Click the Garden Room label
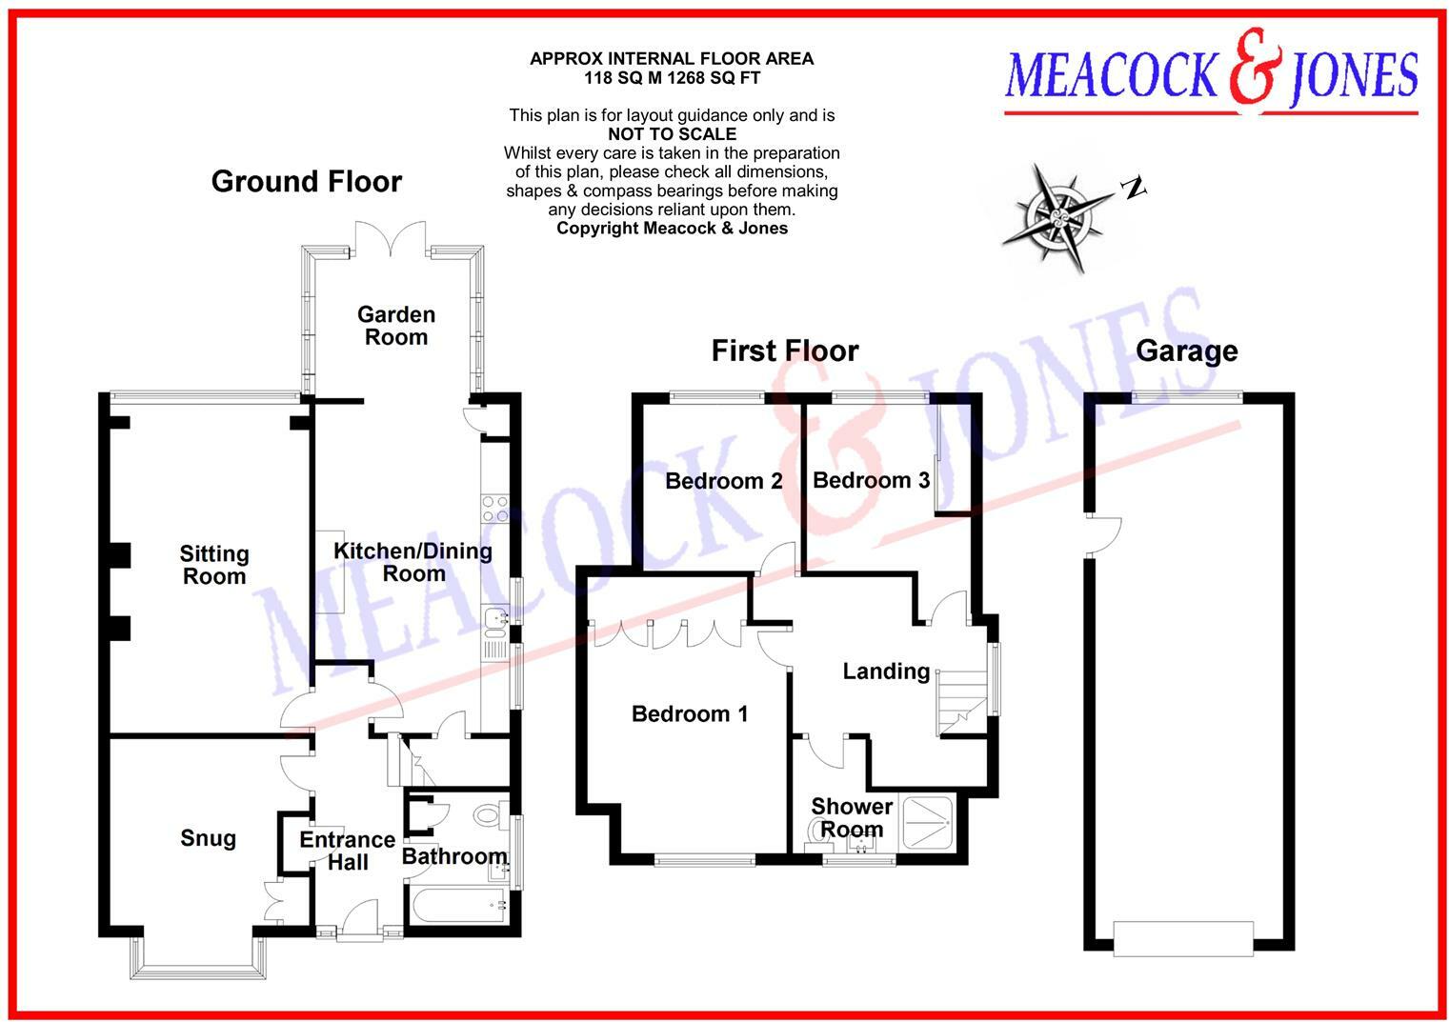pyautogui.click(x=396, y=326)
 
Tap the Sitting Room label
pyautogui.click(x=214, y=565)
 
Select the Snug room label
pyautogui.click(x=208, y=838)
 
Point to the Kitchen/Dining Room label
pyautogui.click(x=413, y=562)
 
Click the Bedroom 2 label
pyautogui.click(x=723, y=481)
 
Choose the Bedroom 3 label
pyautogui.click(x=871, y=480)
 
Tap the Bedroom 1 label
pyautogui.click(x=690, y=713)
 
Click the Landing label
pyautogui.click(x=886, y=671)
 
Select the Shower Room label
pyautogui.click(x=852, y=817)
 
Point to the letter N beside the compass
pyautogui.click(x=1133, y=189)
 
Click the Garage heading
pyautogui.click(x=1186, y=351)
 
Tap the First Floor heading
pyautogui.click(x=784, y=351)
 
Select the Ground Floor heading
pyautogui.click(x=306, y=182)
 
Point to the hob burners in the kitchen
pyautogui.click(x=494, y=509)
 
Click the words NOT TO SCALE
pyautogui.click(x=672, y=134)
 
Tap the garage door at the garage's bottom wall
pyautogui.click(x=1183, y=937)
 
